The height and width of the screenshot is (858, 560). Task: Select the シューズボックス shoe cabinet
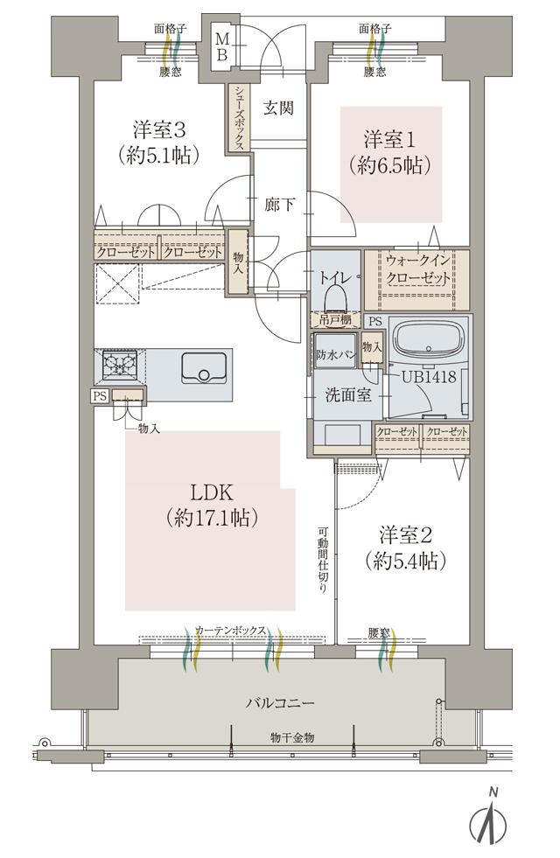point(238,118)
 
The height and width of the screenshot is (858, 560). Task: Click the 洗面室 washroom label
point(349,394)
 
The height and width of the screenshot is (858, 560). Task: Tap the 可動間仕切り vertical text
point(323,560)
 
